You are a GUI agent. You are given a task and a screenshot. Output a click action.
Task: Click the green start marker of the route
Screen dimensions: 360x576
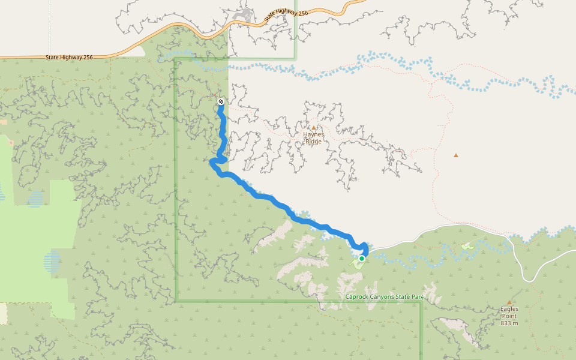[x=362, y=258]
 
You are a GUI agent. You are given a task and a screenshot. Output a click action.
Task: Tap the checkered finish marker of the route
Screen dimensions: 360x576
[x=221, y=101]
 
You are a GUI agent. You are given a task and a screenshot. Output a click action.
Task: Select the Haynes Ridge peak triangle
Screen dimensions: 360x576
[x=313, y=127]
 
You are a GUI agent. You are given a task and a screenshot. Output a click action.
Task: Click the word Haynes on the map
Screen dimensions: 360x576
[x=313, y=134]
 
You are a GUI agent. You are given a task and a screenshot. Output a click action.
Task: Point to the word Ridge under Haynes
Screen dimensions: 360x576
[x=313, y=141]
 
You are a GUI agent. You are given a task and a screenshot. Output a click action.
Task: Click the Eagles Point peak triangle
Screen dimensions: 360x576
[x=509, y=302]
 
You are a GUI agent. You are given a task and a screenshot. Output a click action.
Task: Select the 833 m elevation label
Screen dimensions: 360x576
[x=509, y=323]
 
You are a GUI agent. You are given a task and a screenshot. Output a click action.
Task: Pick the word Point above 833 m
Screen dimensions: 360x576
[x=509, y=316]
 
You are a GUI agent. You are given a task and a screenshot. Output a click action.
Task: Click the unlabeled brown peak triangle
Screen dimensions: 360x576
[x=456, y=155]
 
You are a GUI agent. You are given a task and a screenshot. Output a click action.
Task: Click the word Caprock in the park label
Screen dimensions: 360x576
[x=358, y=297]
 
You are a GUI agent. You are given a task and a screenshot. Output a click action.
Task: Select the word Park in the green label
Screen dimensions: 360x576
[x=417, y=297]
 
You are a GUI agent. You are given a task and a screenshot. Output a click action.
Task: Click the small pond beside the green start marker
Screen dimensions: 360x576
[x=357, y=262]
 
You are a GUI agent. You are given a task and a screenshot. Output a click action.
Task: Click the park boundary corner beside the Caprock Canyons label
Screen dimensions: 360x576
[x=421, y=301]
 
